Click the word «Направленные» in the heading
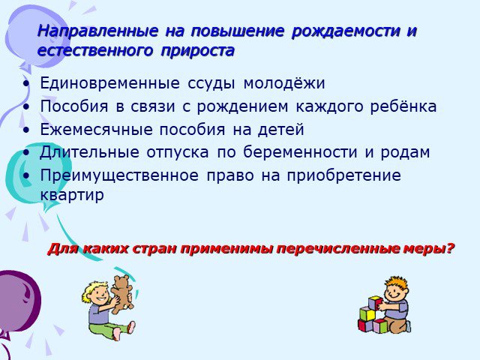98,31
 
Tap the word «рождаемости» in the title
346,32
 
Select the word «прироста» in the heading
197,51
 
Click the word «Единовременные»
110,83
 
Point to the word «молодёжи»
284,83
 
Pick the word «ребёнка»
403,106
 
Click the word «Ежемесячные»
97,130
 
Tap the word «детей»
280,130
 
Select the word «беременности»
300,152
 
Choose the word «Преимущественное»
119,175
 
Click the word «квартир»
72,195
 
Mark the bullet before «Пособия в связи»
27,106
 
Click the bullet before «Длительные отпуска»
27,152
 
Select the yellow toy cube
367,313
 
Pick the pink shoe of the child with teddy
130,327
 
